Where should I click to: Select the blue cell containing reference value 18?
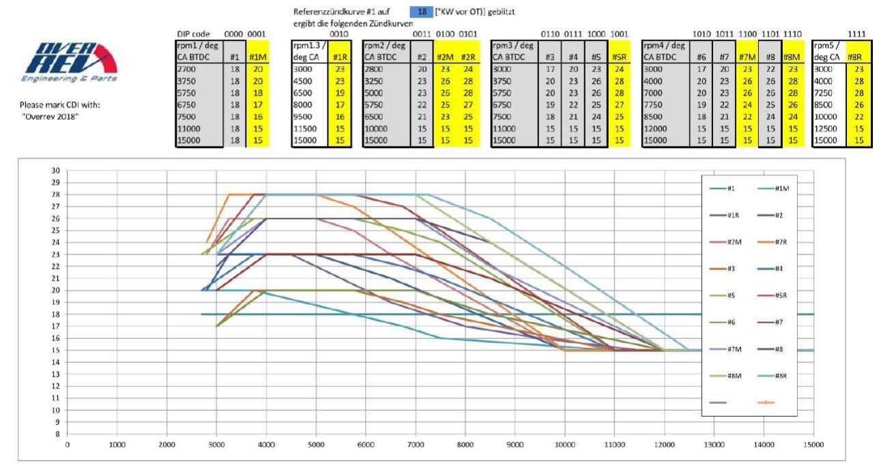click(x=422, y=12)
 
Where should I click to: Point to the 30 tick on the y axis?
click(x=56, y=171)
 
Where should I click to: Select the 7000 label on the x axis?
click(x=415, y=444)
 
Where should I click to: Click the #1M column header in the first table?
click(x=257, y=58)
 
